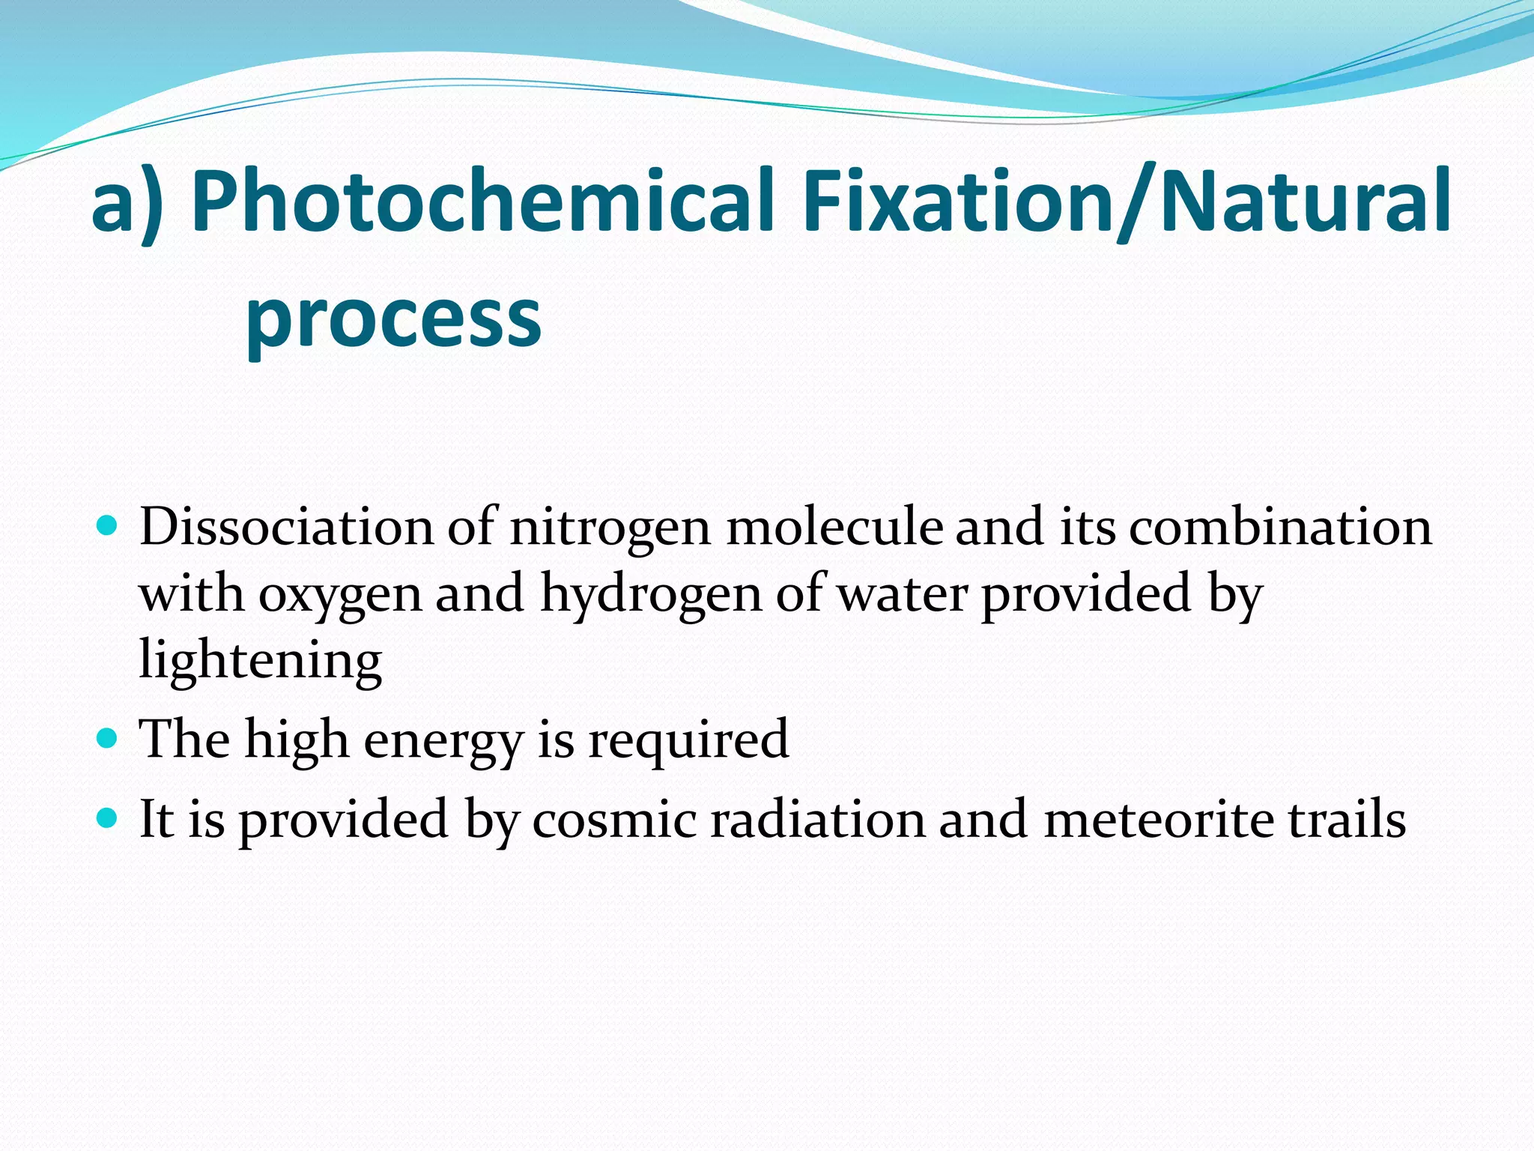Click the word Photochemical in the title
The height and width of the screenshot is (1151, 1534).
pyautogui.click(x=483, y=201)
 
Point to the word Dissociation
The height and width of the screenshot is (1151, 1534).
pyautogui.click(x=287, y=527)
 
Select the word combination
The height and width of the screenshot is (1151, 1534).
pyautogui.click(x=1280, y=527)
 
